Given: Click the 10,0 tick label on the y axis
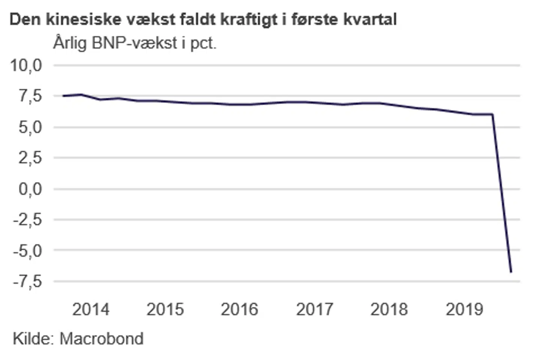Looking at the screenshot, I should tap(26, 66).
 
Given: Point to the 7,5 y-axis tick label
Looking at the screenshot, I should tap(30, 96).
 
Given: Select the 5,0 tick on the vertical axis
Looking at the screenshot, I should tap(30, 127).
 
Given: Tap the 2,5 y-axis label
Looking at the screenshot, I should tap(30, 158).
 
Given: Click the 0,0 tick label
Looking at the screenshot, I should tap(30, 189).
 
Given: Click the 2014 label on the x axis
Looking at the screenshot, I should tap(91, 310).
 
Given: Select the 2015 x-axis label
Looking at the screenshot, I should tap(165, 310).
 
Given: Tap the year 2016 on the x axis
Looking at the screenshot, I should tap(239, 310).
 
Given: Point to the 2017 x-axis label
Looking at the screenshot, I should tap(314, 310).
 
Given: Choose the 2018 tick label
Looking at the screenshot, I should tap(389, 310).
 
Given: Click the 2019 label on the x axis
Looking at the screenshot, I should tap(464, 310).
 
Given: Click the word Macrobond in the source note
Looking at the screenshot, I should tap(102, 339).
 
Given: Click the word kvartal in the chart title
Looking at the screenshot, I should tap(370, 19).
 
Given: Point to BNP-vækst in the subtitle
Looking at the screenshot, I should tap(134, 43).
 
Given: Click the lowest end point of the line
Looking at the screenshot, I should tap(511, 271).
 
